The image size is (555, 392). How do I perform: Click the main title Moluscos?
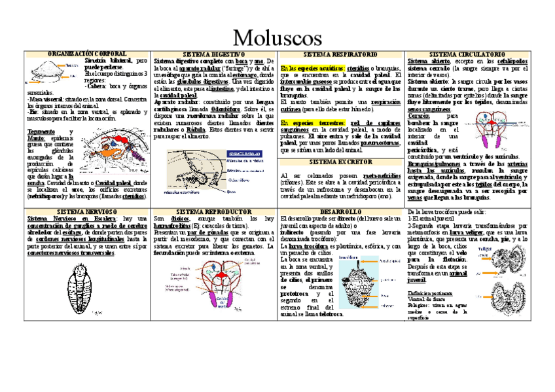tap(277, 36)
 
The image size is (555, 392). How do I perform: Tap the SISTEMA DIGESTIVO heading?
tap(213, 54)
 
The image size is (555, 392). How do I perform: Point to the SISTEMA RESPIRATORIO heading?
tap(341, 54)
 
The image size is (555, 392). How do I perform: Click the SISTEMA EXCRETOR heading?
tap(341, 161)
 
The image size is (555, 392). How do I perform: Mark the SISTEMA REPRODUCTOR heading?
tap(214, 212)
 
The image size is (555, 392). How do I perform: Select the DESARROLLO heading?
tap(341, 212)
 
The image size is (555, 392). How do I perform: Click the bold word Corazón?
tap(420, 116)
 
